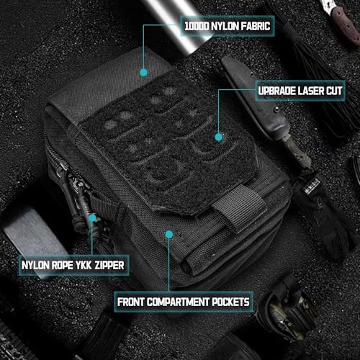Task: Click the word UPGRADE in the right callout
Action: coord(271,92)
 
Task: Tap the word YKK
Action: coord(87,266)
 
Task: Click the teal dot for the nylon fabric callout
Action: coord(143,72)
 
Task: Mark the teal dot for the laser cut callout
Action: coord(216,135)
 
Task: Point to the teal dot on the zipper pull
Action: coord(92,216)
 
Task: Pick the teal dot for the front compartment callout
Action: coord(168,233)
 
